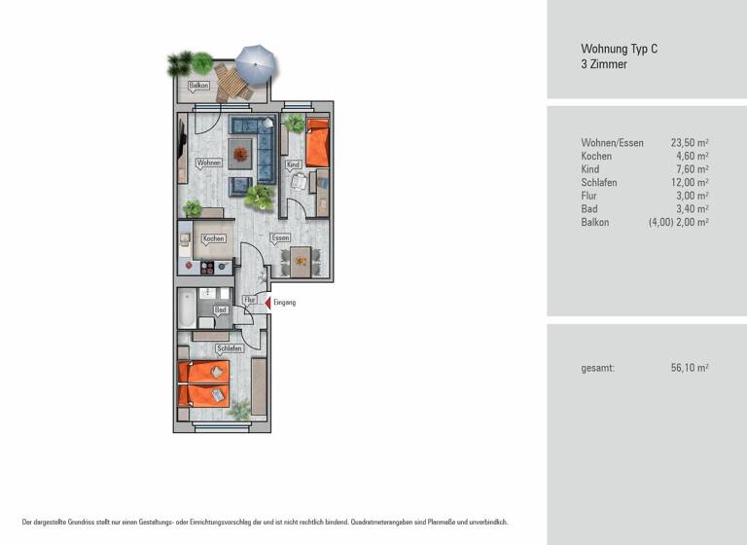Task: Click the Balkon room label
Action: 198,87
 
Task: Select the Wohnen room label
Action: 209,163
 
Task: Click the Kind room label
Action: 293,165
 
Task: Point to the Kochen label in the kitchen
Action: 213,238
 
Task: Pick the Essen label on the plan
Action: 280,237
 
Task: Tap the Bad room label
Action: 220,309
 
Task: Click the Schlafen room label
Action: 230,347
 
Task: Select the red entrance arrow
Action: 267,303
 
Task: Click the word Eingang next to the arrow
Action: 284,303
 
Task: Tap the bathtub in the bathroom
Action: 185,309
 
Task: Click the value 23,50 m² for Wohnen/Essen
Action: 689,143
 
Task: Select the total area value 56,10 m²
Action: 689,368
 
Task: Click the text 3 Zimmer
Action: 604,64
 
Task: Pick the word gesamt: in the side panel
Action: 597,368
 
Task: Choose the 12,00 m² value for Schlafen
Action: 689,183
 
